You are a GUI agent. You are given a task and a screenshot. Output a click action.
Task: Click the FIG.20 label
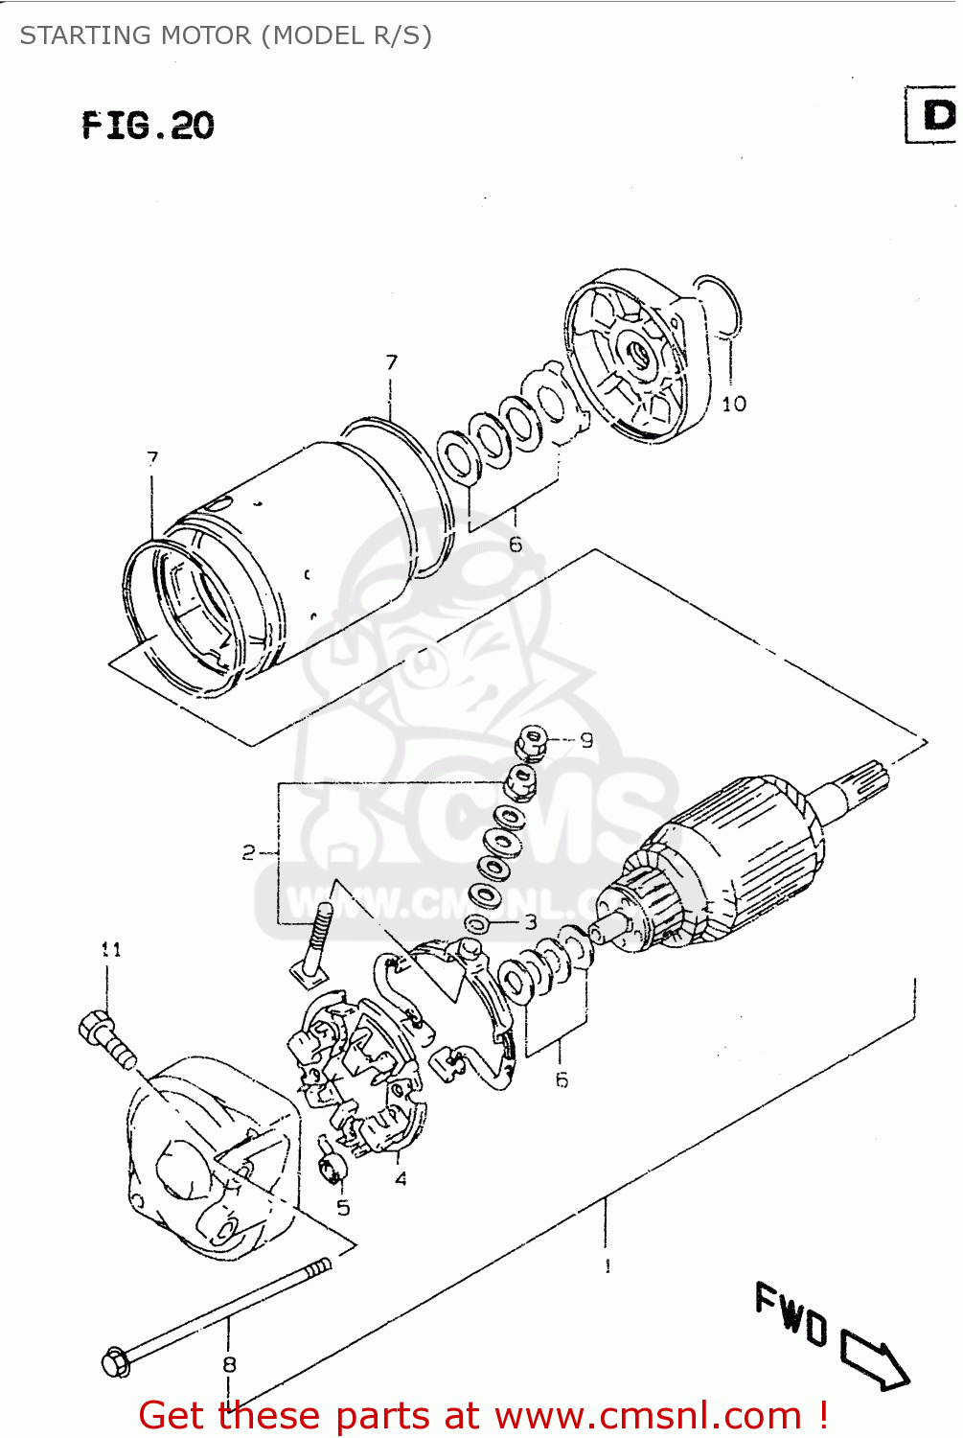click(x=148, y=126)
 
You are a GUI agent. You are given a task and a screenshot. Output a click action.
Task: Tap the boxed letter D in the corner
click(x=935, y=115)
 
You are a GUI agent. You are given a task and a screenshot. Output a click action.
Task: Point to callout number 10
click(x=734, y=404)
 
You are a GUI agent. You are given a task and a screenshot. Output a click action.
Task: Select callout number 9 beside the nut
click(x=586, y=739)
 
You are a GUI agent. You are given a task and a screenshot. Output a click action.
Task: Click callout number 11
click(x=111, y=949)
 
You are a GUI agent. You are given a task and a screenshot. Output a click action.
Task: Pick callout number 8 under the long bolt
click(x=229, y=1363)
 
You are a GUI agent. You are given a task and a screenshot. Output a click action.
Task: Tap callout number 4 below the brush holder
click(x=401, y=1178)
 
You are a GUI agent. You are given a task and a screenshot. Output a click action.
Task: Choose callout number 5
click(x=343, y=1208)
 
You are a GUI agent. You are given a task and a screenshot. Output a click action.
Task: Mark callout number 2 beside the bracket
click(x=248, y=851)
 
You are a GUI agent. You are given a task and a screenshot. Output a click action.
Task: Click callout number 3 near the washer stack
click(x=531, y=922)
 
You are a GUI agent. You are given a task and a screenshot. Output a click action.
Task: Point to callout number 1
click(x=608, y=1265)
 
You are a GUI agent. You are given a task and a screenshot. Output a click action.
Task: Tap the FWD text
click(x=791, y=1314)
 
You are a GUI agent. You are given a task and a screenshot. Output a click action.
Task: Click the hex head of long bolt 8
click(x=115, y=1361)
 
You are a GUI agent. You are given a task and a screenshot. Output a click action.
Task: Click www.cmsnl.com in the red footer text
click(x=648, y=1415)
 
